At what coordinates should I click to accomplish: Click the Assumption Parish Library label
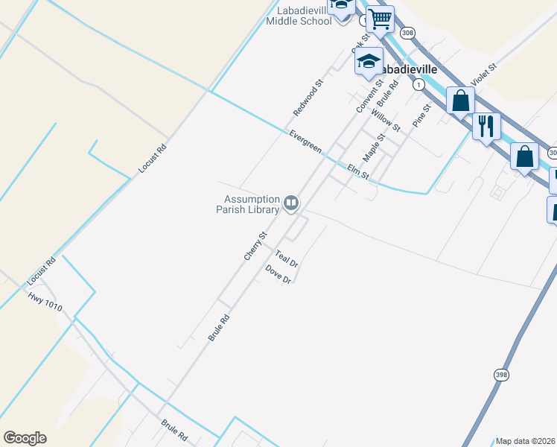pyautogui.click(x=252, y=204)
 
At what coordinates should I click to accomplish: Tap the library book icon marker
pyautogui.click(x=291, y=203)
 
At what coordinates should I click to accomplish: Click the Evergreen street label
pyautogui.click(x=305, y=142)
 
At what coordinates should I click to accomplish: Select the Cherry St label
pyautogui.click(x=255, y=246)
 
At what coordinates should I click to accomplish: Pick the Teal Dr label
pyautogui.click(x=287, y=258)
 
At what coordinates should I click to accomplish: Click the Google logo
pyautogui.click(x=25, y=438)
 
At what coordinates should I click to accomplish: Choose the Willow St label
pyautogui.click(x=386, y=118)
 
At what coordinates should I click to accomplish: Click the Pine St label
pyautogui.click(x=422, y=114)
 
